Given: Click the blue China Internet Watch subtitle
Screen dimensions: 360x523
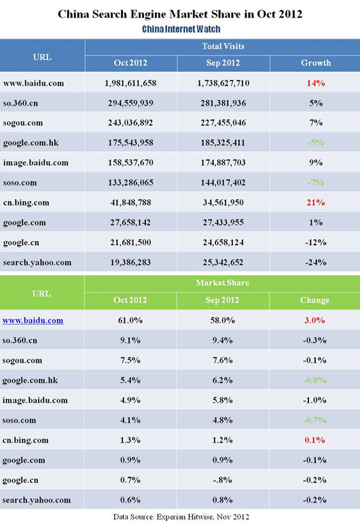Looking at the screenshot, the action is (181, 29).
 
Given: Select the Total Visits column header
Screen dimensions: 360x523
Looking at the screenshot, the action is (223, 46).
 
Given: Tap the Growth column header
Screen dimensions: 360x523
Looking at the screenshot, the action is (316, 62).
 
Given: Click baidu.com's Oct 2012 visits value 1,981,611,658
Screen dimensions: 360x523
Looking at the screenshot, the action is (130, 83).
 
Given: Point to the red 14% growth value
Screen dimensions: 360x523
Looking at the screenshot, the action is (316, 83).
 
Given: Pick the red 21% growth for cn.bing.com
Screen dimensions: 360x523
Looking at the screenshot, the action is (316, 202).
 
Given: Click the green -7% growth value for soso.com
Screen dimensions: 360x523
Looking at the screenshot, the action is (316, 183).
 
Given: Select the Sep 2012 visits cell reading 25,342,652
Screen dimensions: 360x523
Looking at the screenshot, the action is (223, 262).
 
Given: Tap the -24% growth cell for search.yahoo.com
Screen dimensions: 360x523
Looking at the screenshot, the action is (316, 262).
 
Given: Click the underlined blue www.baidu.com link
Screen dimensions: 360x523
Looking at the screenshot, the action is (33, 321).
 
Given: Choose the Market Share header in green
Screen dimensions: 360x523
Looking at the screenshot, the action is (222, 283).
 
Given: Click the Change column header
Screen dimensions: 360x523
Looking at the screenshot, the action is (314, 300).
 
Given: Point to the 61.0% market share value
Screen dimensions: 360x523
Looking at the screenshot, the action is (130, 320).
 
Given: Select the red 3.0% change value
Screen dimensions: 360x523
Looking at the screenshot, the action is (314, 320).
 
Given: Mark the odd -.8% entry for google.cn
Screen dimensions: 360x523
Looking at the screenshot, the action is (223, 480).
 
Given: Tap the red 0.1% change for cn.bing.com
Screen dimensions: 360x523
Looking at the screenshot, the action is (314, 440).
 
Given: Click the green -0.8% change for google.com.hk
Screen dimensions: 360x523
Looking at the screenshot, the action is (314, 380).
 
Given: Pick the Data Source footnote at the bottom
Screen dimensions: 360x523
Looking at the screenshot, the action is (181, 517).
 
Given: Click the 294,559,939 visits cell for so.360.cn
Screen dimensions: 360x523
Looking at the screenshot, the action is (130, 103).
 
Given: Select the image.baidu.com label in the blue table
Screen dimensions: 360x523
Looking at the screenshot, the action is (36, 163).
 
